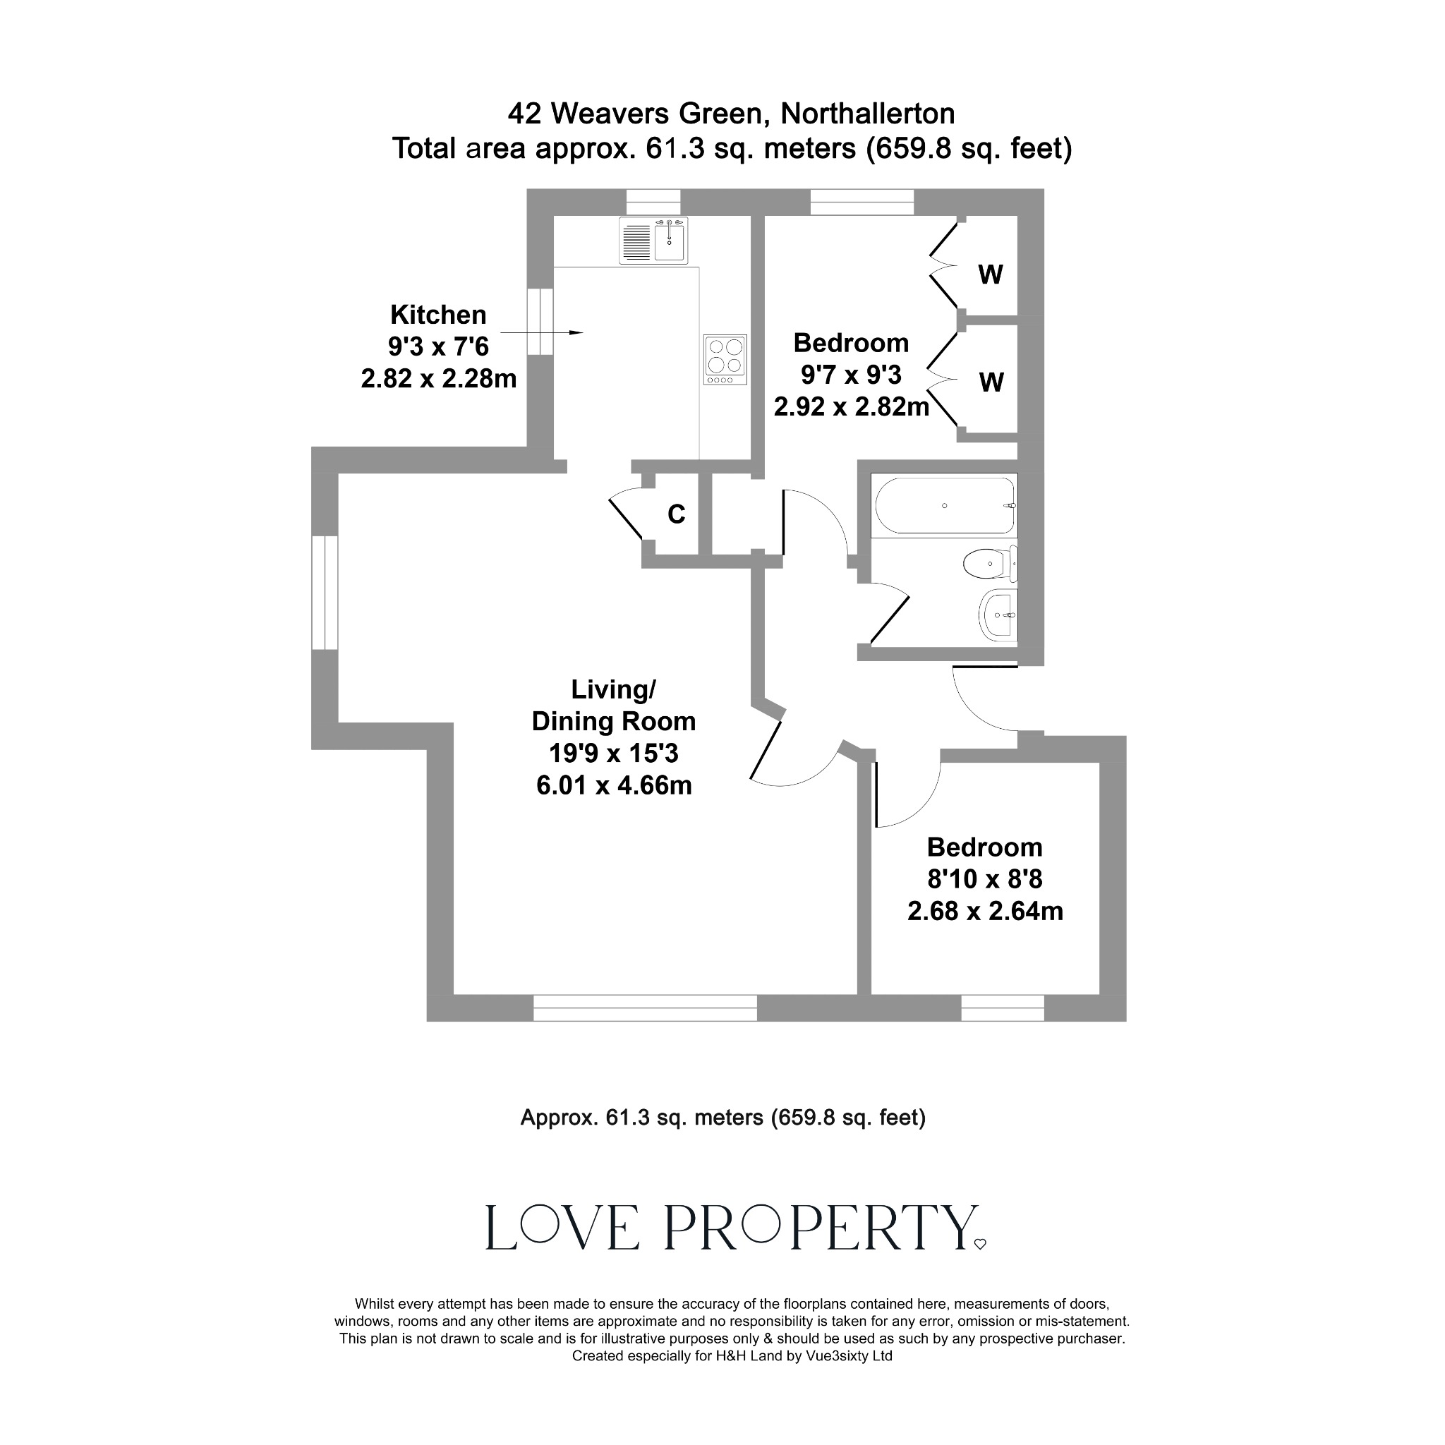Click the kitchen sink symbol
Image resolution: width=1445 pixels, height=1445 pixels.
[653, 240]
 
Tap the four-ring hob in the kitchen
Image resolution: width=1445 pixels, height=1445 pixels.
[725, 360]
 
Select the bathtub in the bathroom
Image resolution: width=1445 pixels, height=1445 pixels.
[945, 506]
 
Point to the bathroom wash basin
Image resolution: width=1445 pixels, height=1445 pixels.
[998, 615]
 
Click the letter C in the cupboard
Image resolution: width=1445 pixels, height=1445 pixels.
[676, 514]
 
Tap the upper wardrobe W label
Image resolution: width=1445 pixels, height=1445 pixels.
[990, 275]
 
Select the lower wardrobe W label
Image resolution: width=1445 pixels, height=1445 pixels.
[991, 383]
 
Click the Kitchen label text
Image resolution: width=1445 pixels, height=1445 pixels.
[438, 315]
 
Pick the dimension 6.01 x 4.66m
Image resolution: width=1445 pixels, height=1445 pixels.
[614, 785]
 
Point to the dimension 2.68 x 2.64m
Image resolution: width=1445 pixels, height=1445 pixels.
[985, 911]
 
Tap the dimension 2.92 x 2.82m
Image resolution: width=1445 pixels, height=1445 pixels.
[851, 407]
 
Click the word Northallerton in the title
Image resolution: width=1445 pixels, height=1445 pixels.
[868, 114]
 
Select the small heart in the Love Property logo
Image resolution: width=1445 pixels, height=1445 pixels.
[980, 1244]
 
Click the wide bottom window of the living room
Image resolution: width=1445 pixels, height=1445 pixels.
[645, 1008]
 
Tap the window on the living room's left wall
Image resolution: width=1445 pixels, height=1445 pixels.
[325, 593]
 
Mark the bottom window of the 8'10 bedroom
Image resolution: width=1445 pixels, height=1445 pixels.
[1002, 1008]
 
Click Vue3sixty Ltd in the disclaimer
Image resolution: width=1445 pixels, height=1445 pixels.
[849, 1356]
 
